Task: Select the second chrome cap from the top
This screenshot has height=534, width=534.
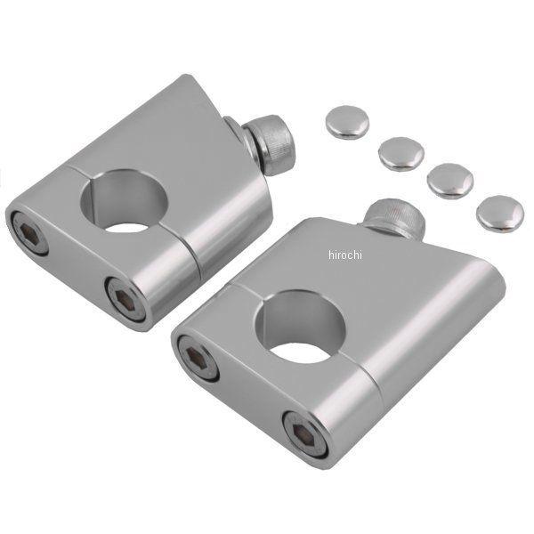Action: [x=401, y=154]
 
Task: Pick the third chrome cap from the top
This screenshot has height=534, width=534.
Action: [x=450, y=181]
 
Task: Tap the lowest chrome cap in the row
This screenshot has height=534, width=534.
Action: [x=500, y=214]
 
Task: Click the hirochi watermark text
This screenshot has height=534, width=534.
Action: [x=345, y=255]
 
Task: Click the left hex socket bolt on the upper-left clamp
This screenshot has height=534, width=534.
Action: [x=29, y=232]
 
